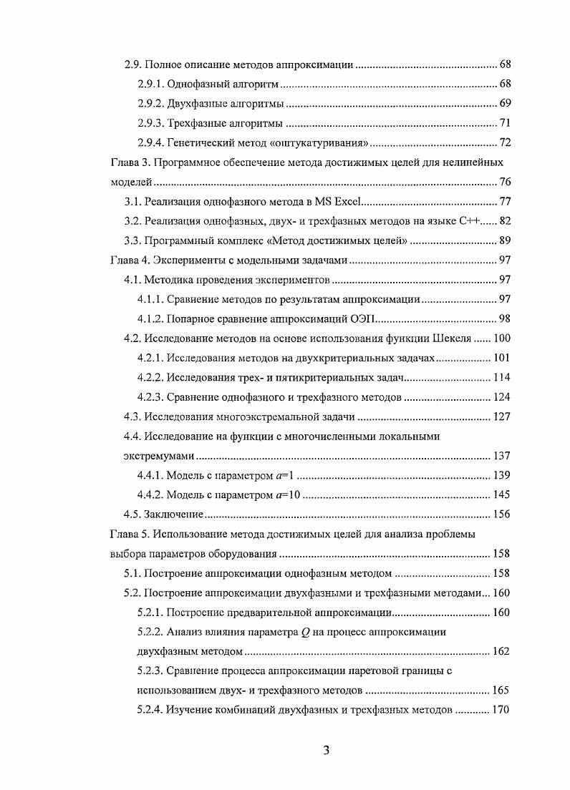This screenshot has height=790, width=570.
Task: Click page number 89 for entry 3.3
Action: (x=503, y=240)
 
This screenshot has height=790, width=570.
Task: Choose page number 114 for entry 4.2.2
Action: (x=501, y=377)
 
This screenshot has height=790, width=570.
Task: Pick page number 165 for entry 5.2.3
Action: (x=501, y=691)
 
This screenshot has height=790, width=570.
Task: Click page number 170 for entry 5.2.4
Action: (x=501, y=710)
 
